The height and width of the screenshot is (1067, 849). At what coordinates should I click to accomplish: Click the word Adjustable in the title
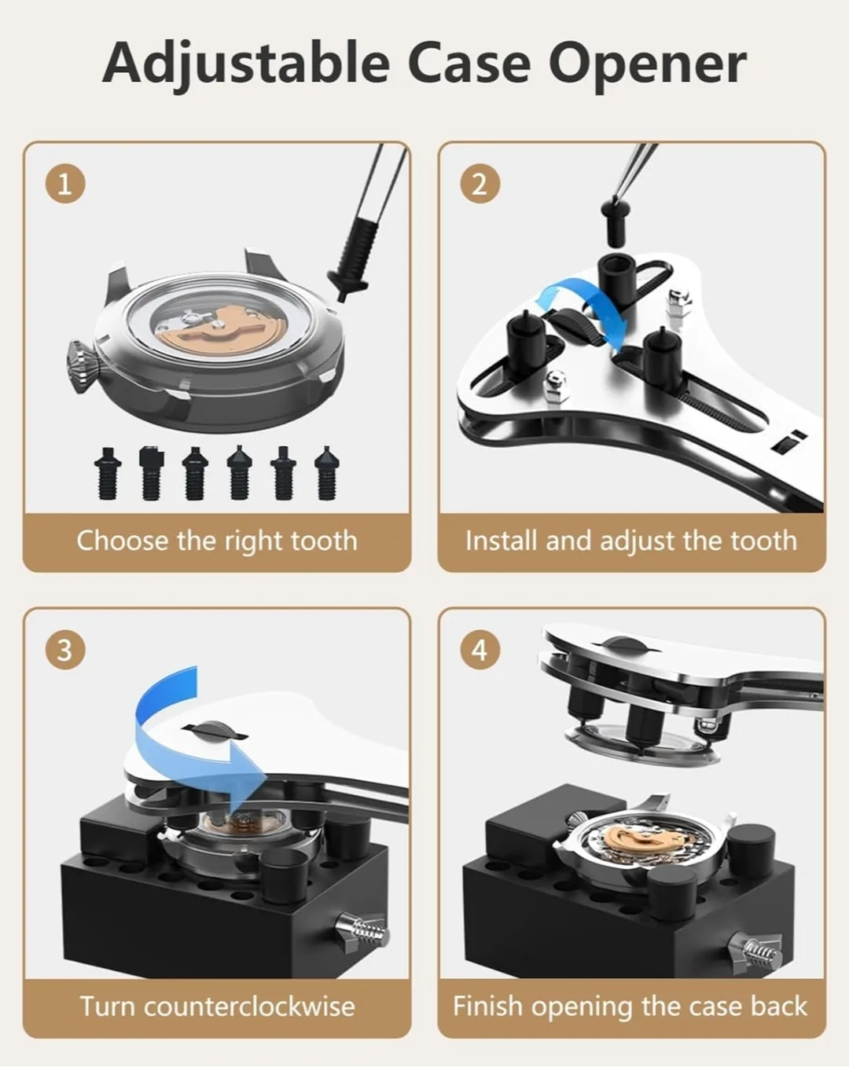(245, 64)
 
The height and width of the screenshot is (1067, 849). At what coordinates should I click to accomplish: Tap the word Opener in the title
(648, 64)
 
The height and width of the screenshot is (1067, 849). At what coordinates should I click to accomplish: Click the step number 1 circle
(65, 185)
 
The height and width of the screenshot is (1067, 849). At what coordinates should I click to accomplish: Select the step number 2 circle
(480, 185)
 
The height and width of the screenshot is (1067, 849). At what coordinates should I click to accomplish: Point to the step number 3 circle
(65, 650)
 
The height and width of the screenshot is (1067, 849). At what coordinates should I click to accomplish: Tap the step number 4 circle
(480, 650)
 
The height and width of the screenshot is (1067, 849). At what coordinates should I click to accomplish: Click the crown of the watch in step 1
(83, 367)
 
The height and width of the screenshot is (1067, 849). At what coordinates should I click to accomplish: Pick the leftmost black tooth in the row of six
(107, 474)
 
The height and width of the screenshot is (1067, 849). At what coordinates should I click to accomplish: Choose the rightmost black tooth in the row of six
(326, 474)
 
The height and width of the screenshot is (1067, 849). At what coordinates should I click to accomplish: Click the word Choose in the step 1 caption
(122, 541)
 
